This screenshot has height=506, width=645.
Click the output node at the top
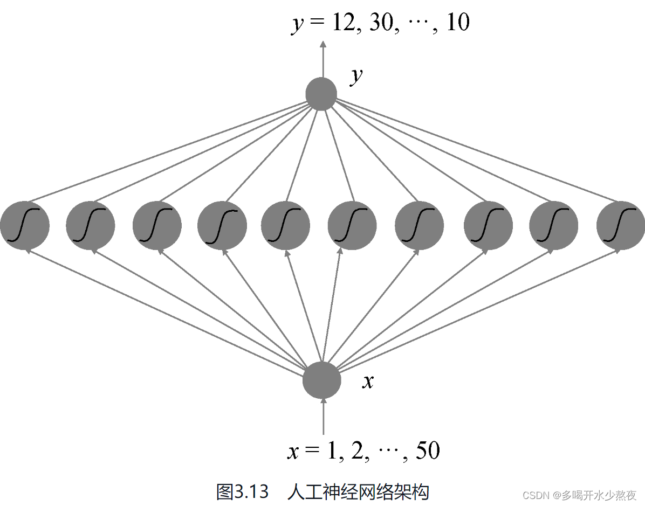321,94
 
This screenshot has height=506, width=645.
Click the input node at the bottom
322,380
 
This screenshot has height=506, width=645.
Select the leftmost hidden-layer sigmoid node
25,225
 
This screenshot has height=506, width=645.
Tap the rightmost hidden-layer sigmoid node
620,225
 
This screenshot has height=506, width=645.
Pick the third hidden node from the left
157,225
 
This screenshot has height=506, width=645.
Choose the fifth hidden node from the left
285,225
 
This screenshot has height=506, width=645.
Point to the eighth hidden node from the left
488,225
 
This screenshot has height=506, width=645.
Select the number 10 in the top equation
458,23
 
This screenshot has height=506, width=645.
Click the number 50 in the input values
428,450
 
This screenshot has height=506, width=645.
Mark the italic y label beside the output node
356,77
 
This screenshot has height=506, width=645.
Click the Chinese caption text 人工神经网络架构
359,491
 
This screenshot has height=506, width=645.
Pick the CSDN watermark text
580,495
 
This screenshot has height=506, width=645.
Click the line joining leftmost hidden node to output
173,151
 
